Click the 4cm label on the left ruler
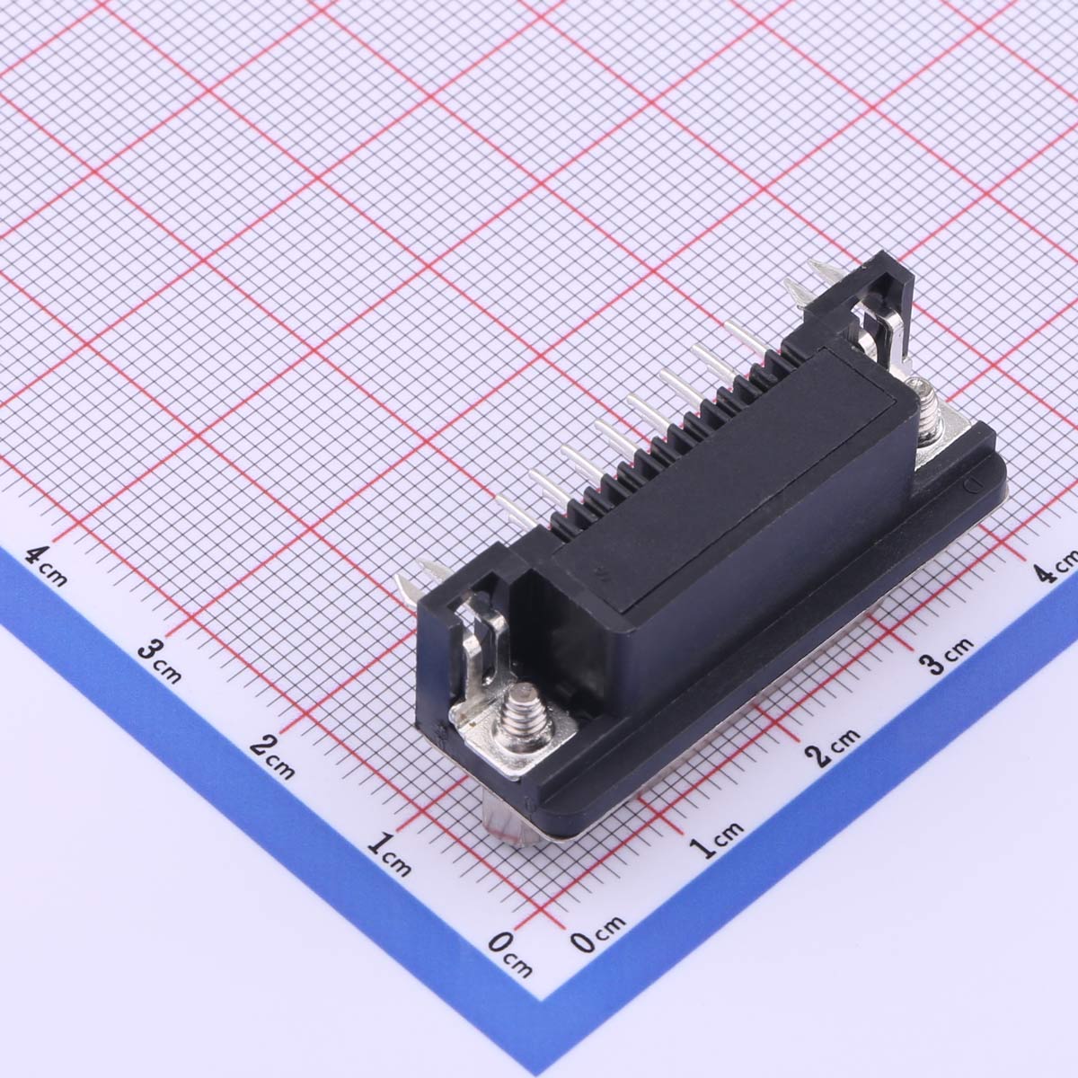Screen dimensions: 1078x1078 (47, 566)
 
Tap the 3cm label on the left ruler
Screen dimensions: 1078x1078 (160, 663)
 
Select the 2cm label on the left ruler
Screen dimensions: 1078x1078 (272, 758)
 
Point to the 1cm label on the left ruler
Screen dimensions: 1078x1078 (390, 854)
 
